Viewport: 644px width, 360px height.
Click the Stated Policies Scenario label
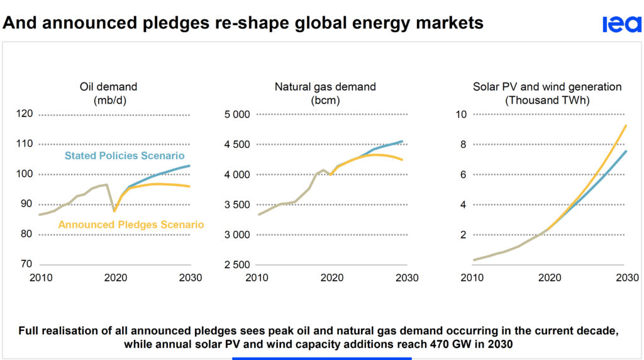(x=125, y=156)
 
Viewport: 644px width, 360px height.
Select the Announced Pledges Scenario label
(x=131, y=225)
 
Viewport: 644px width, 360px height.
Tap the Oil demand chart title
(x=108, y=87)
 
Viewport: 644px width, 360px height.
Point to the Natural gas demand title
(x=325, y=87)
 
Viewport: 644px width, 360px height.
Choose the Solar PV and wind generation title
(x=547, y=87)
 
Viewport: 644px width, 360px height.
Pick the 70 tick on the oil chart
(x=26, y=264)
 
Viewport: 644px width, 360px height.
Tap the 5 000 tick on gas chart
(x=236, y=114)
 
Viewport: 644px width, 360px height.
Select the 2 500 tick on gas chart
(x=236, y=264)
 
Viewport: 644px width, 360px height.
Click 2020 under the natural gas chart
(x=331, y=278)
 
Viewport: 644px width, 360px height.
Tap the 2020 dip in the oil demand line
(x=114, y=211)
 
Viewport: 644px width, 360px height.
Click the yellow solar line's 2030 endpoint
(x=626, y=125)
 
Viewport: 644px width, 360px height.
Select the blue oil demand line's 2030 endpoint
(x=190, y=166)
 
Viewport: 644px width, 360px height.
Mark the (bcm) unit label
(x=325, y=99)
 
